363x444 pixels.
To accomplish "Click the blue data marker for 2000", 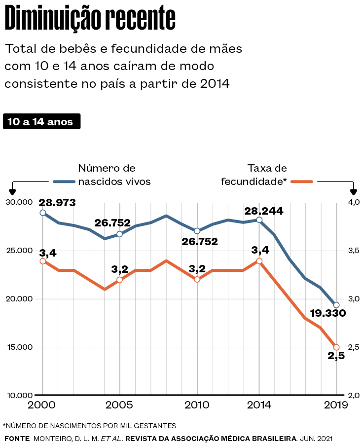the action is click(x=43, y=213).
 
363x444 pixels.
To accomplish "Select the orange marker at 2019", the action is click(x=336, y=347).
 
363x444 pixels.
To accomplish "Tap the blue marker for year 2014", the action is click(x=259, y=220).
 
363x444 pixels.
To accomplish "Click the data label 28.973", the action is click(x=57, y=203).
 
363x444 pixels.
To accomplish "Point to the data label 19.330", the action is click(x=328, y=313).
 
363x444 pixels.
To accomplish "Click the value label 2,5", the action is click(x=336, y=356).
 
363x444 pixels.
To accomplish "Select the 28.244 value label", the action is click(x=263, y=211).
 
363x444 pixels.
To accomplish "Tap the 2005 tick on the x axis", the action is click(x=119, y=405).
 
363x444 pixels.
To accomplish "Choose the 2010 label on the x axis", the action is click(x=197, y=405).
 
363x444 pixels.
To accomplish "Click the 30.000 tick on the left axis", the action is click(x=19, y=202).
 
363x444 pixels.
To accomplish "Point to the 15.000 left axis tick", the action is click(x=19, y=347).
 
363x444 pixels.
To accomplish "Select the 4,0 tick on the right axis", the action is click(x=354, y=202).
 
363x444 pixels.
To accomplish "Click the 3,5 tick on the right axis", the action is click(x=354, y=251).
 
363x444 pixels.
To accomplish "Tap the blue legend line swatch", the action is click(x=64, y=182).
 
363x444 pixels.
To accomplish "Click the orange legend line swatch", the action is click(x=302, y=182).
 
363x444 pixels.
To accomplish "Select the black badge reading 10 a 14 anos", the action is click(x=41, y=121).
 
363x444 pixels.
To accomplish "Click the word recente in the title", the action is click(x=141, y=18).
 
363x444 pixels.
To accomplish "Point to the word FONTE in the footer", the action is click(x=17, y=439).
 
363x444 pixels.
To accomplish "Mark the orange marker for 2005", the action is click(x=119, y=280).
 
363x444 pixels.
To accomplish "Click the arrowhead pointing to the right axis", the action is click(x=353, y=192).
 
